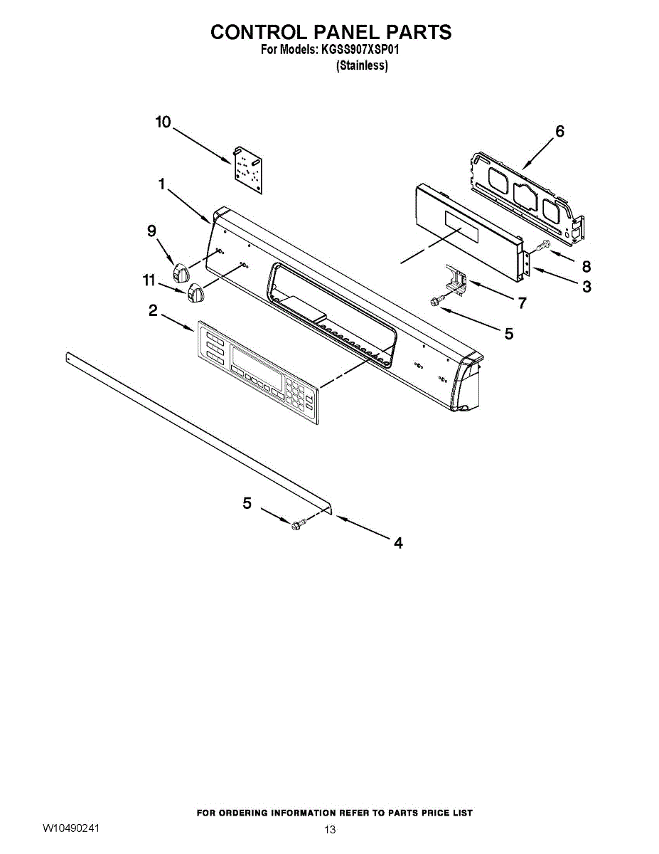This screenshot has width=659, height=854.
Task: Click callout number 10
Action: coord(164,122)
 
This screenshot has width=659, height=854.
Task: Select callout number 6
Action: coord(559,132)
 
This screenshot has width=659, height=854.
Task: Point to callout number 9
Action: coord(151,231)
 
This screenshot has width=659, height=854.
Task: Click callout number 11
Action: coord(149,281)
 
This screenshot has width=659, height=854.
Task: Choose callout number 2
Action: coord(153,310)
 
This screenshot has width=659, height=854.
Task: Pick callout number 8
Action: coord(586,267)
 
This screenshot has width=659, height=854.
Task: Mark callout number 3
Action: coord(586,288)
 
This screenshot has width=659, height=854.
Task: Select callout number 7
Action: coord(523,304)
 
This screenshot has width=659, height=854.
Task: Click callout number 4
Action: coord(398,543)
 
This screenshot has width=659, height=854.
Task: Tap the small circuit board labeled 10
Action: coord(247,169)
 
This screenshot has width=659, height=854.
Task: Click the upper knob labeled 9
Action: coord(181,271)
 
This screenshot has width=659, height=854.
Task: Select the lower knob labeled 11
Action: coord(195,292)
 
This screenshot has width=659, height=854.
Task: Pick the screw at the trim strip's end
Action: coord(299,524)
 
